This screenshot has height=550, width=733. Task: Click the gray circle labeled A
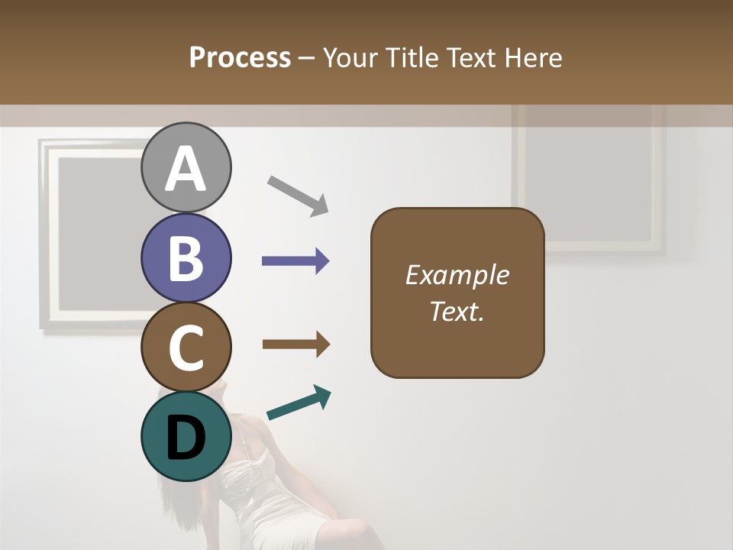click(x=186, y=168)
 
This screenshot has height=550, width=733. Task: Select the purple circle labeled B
click(x=186, y=257)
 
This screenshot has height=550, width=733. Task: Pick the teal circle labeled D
click(x=186, y=436)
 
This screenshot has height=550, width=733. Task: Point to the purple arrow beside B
click(x=295, y=261)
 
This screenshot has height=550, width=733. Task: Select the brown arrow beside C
click(x=295, y=345)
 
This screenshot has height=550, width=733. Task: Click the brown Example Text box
click(x=457, y=336)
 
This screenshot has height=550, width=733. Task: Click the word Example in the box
click(x=457, y=275)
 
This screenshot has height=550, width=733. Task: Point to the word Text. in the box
click(x=457, y=311)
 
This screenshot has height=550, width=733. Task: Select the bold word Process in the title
click(x=240, y=57)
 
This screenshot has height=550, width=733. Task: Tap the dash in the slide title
click(x=307, y=59)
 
